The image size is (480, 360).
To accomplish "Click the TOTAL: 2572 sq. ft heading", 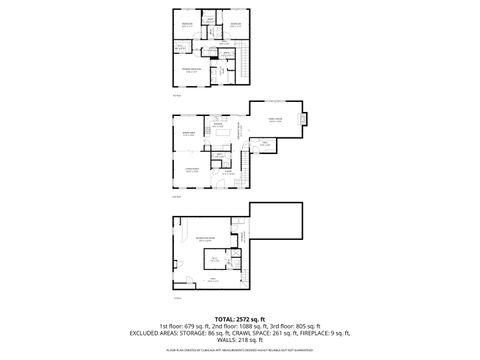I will click(239, 317).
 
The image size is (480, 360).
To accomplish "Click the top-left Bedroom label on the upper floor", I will click(186, 23).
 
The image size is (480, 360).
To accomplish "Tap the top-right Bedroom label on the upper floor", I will click(236, 23).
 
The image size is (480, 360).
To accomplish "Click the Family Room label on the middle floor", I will click(274, 119).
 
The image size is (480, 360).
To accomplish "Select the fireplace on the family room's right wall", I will click(306, 121).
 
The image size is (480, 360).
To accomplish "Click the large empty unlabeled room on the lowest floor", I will click(275, 225).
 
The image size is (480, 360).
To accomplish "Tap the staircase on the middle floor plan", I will click(244, 160).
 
